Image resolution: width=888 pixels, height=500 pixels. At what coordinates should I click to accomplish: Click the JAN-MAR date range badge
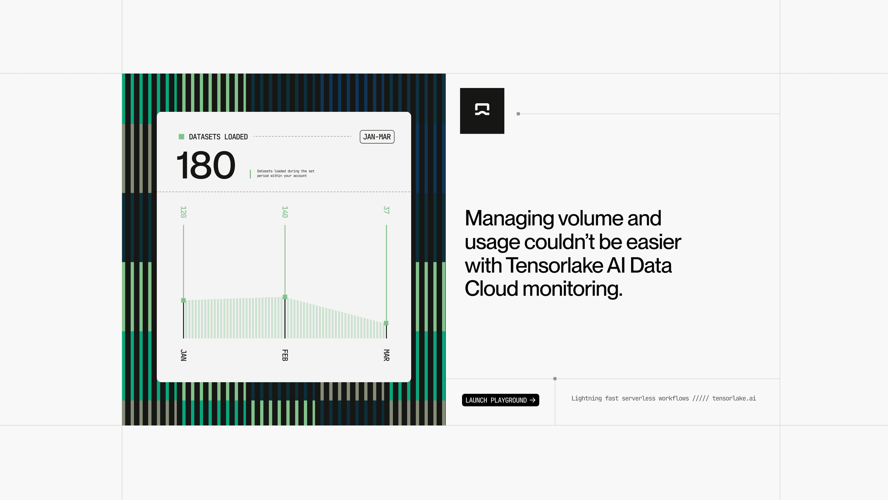pos(377,137)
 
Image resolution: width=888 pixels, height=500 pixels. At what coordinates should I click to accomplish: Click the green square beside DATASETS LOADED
pos(181,137)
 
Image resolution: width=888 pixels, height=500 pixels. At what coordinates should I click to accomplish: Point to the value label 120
pos(183,212)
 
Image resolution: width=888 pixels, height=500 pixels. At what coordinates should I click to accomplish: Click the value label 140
pos(285,212)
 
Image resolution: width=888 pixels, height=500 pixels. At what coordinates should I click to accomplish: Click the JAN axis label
pos(183,355)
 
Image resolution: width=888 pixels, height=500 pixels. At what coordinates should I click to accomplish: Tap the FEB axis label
pos(285,355)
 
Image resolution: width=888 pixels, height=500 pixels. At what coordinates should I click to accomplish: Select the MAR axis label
pos(386,355)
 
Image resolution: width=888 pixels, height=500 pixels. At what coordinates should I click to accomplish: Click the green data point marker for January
pos(183,300)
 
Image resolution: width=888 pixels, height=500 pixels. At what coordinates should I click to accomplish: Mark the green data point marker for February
pos(285,297)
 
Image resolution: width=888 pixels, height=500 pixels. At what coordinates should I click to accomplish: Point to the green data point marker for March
pos(386,323)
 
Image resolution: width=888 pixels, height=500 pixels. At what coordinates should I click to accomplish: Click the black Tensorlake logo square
pos(482,111)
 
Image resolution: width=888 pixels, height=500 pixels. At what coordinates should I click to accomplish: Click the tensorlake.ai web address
pos(734,398)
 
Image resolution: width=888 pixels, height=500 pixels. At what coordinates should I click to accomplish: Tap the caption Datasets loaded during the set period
pos(285,173)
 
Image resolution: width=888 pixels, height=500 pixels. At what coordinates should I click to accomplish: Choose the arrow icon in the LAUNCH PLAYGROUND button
pos(533,400)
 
